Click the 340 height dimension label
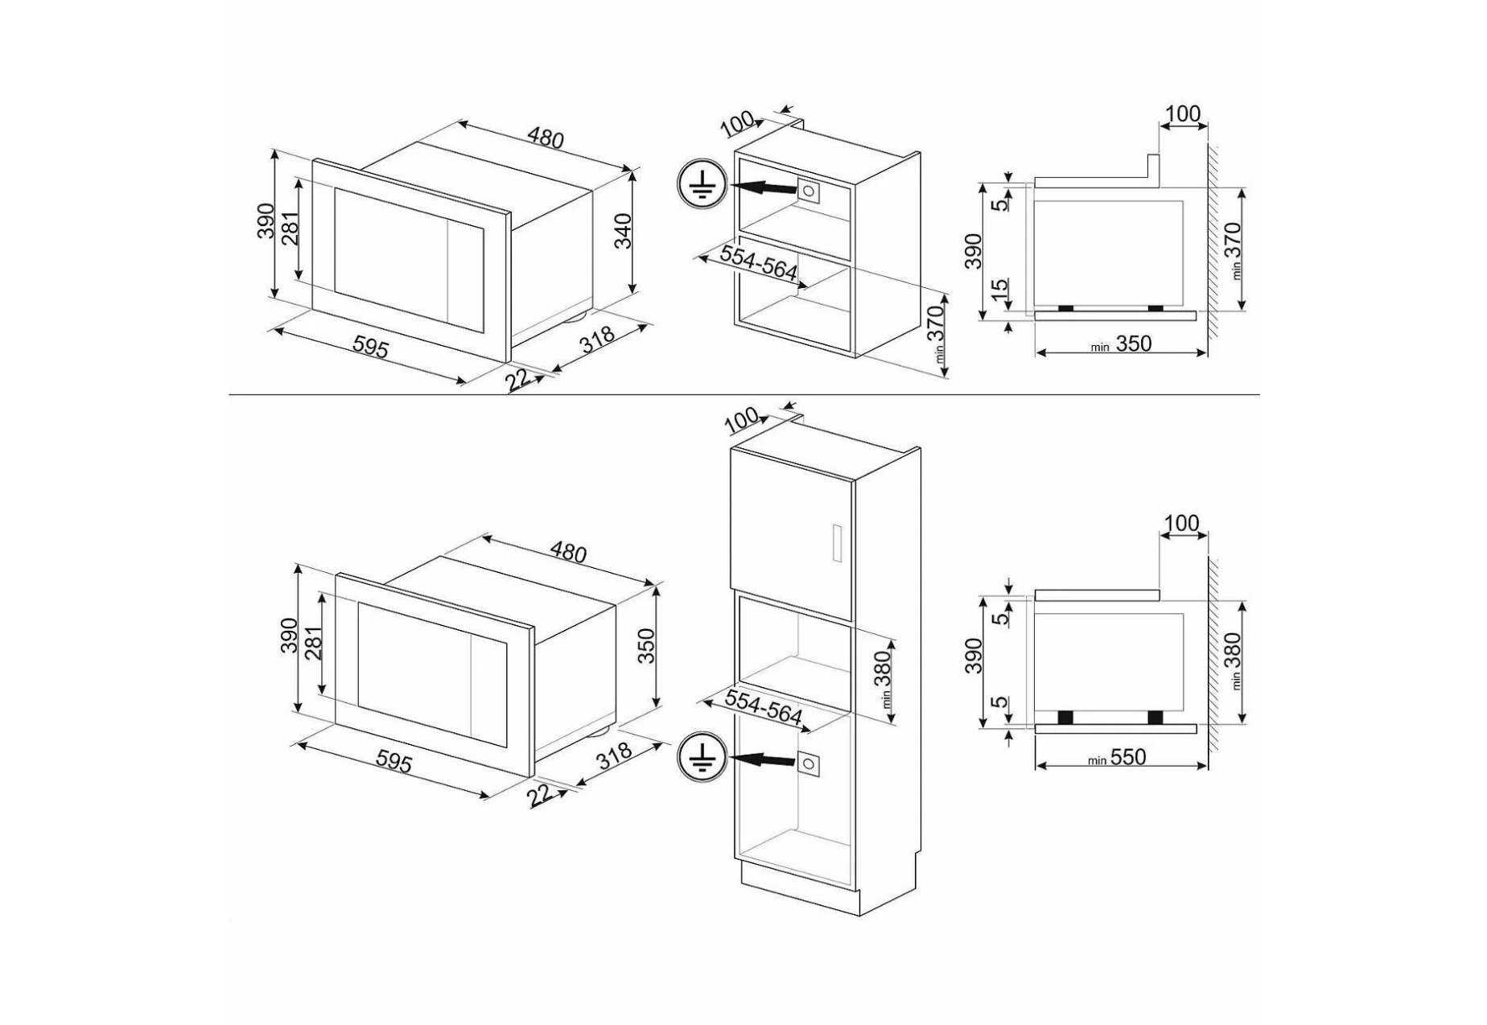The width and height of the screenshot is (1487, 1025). (623, 232)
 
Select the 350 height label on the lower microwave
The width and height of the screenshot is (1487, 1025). (646, 646)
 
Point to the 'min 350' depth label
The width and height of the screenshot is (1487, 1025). (1121, 344)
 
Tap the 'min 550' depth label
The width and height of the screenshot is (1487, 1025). (1116, 757)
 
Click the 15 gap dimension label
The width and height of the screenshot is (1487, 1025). (999, 290)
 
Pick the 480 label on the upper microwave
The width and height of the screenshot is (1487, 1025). (546, 138)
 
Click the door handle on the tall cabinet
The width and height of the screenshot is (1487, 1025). (837, 544)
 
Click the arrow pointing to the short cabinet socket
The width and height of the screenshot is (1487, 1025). (760, 188)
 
